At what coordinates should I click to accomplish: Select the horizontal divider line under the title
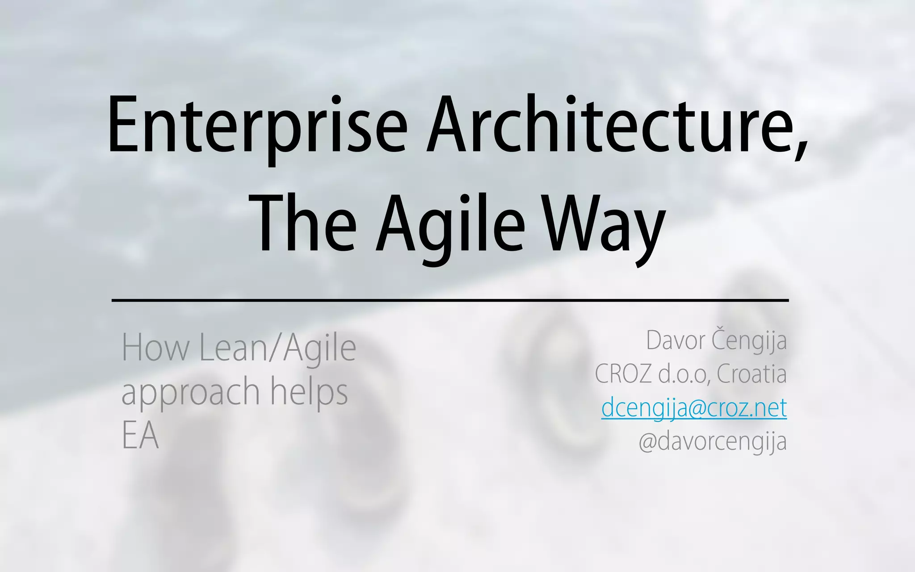450,300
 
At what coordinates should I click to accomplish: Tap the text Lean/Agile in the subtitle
277,348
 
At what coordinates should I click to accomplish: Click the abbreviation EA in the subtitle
140,436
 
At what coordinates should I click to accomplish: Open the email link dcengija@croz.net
694,408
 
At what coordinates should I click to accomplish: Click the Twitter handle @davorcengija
713,441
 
